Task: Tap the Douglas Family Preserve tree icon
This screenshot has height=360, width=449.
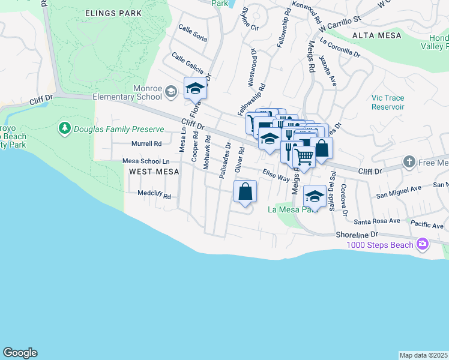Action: coord(64,128)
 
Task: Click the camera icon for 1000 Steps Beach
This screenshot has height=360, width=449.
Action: coord(423,244)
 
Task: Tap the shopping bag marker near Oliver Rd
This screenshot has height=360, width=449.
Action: coord(246,193)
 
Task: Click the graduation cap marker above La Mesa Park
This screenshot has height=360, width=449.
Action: coord(315,196)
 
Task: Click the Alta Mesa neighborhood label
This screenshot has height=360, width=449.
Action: coord(376,35)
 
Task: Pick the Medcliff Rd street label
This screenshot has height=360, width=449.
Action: coord(154,196)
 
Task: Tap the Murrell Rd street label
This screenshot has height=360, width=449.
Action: coord(146,144)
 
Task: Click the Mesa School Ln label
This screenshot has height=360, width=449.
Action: coord(146,161)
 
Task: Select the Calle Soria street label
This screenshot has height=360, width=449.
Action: coord(193,34)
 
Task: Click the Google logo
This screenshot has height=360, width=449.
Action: coord(20,353)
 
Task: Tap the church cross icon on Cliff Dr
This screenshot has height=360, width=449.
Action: coord(409,162)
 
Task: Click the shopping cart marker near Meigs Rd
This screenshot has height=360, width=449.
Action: coord(304,157)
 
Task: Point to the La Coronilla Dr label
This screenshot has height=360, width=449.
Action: coord(340,47)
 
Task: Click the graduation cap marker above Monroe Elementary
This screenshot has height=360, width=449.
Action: coord(195,89)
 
